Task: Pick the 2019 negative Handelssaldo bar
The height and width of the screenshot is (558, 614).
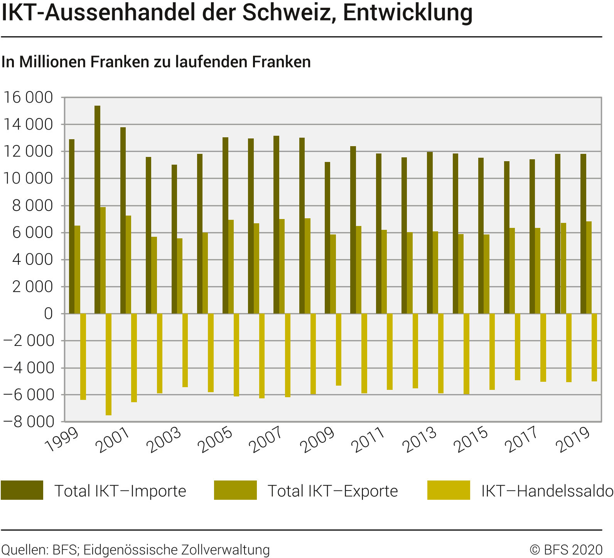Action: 594,347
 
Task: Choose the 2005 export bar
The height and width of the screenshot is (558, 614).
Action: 231,266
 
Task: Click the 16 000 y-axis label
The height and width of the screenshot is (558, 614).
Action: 28,98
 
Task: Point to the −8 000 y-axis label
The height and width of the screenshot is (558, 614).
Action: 28,422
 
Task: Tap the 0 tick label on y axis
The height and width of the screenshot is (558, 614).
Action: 48,314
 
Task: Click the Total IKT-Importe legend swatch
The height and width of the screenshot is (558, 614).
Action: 22,490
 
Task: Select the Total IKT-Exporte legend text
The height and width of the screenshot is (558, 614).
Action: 332,491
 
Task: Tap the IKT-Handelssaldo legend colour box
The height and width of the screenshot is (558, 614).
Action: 449,490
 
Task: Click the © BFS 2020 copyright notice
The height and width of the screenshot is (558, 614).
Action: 566,550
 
